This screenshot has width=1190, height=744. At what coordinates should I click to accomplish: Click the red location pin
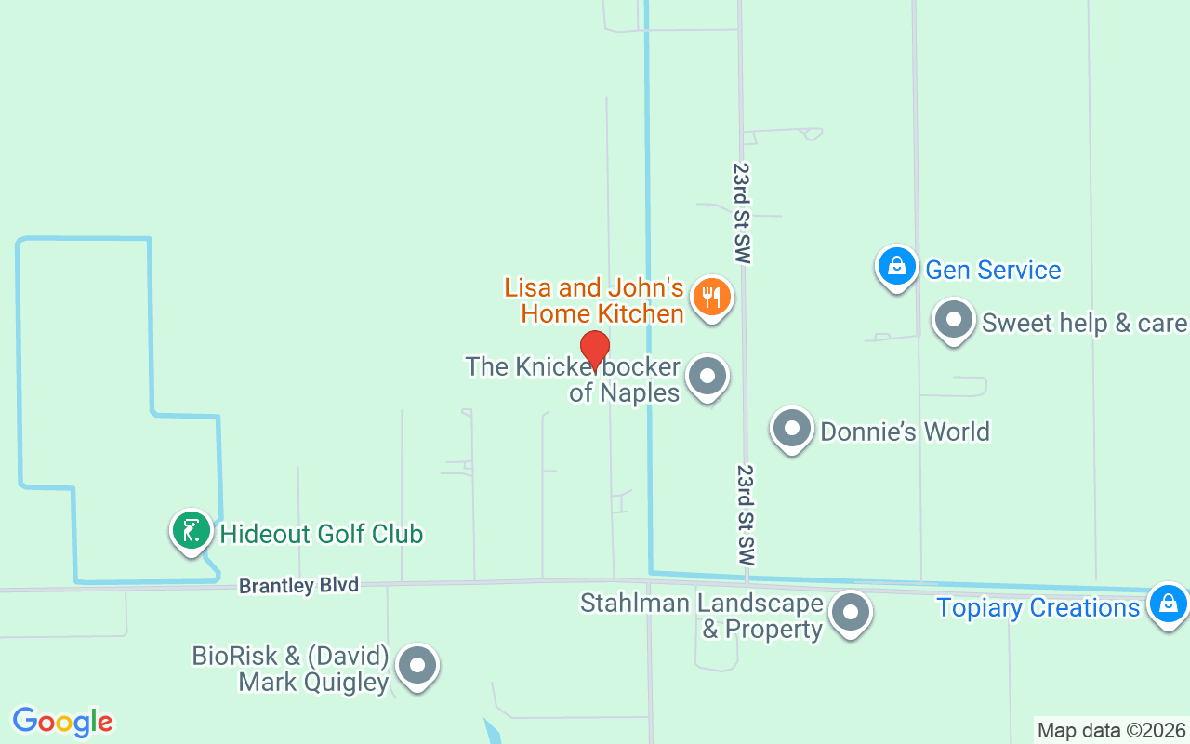[595, 350]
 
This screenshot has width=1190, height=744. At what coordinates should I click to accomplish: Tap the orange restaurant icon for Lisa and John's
[712, 298]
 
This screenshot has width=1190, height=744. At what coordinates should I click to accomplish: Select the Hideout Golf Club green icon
[192, 531]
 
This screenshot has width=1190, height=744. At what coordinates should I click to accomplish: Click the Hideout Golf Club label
[321, 534]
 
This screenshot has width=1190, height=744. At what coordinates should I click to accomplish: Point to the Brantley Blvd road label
[298, 586]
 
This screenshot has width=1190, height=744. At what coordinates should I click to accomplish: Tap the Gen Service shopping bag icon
[897, 266]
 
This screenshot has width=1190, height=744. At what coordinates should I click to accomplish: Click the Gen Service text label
[993, 270]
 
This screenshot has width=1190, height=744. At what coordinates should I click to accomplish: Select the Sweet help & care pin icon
[953, 321]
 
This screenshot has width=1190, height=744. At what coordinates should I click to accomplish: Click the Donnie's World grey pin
[792, 430]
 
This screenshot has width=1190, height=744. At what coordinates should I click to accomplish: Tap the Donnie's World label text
[905, 432]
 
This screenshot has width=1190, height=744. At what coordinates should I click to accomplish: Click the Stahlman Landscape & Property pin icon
[850, 612]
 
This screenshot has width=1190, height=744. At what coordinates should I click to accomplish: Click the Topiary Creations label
[1038, 608]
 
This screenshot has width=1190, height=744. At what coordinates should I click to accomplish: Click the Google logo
[63, 722]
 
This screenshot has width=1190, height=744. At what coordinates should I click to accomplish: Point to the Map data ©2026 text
[1111, 730]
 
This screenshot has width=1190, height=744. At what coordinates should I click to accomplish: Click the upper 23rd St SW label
[741, 214]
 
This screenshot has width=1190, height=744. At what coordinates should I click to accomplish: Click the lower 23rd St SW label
[746, 516]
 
